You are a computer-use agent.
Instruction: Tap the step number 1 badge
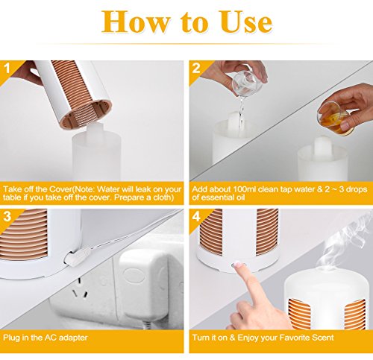tap(7, 69)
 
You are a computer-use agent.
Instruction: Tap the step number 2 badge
tap(196, 68)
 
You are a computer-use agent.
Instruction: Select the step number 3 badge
tap(7, 216)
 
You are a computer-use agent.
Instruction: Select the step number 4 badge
tap(196, 216)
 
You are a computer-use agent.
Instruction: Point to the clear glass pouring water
tap(245, 83)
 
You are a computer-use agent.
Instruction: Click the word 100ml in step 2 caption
tap(244, 189)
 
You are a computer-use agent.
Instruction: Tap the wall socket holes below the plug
tap(80, 288)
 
